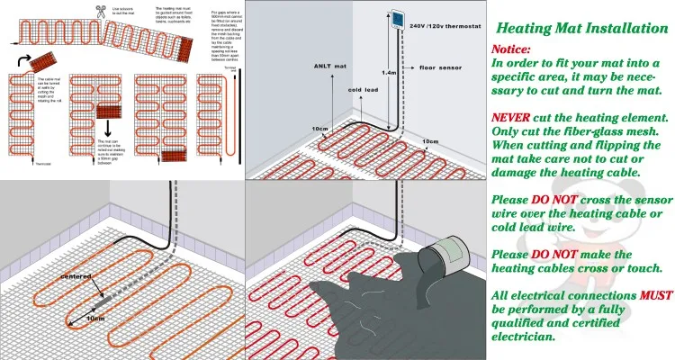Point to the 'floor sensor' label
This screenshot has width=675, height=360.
click(x=439, y=67)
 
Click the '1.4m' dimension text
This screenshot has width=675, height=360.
click(x=389, y=72)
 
